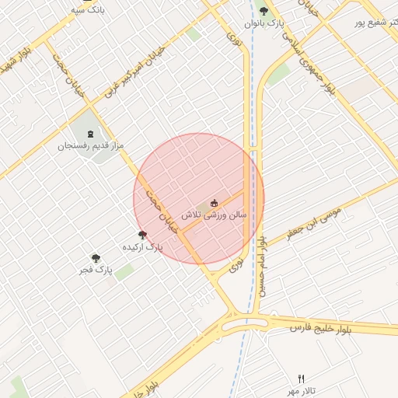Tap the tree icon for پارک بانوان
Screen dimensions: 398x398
[x=264, y=12]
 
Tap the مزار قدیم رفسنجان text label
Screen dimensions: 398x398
[x=90, y=145]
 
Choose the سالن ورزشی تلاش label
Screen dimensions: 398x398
[x=215, y=213]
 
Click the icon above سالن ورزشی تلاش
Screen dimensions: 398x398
[x=215, y=202]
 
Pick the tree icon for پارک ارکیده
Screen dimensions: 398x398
[x=142, y=234]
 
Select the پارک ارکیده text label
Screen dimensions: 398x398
[x=143, y=246]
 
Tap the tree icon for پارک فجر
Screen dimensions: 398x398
[x=96, y=258]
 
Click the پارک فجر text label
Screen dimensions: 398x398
[x=96, y=271]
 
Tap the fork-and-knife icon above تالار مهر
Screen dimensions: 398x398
[x=301, y=379]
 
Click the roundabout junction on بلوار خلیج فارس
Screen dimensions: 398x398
[x=246, y=320]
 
